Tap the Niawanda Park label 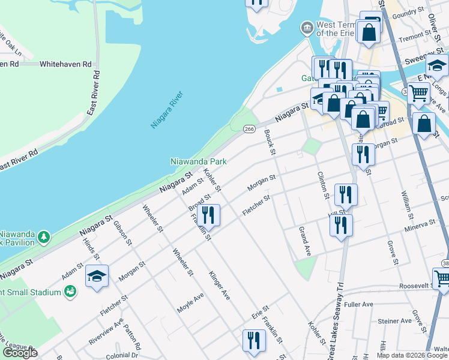[x=199, y=161]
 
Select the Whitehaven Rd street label [x=66, y=64]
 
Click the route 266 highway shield [x=250, y=128]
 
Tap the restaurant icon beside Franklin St [x=208, y=215]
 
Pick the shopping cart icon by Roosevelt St [x=442, y=278]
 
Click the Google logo [x=20, y=353]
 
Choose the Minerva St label [x=420, y=224]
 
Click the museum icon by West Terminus [x=307, y=28]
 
